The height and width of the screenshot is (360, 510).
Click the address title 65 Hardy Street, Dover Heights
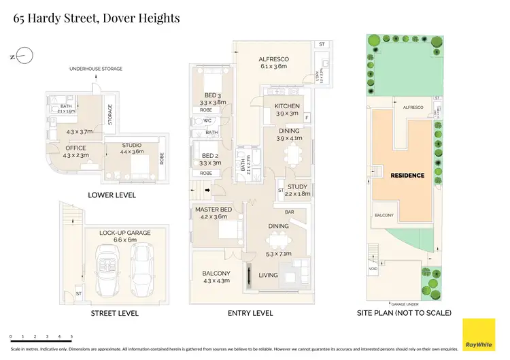pos(97,18)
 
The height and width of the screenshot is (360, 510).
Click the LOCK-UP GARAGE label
pos(124,233)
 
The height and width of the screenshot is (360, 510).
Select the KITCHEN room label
pos(287,106)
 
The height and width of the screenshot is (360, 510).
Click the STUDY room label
pos(297,186)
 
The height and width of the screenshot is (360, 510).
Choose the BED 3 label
pos(211,95)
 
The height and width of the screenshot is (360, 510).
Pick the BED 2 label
pos(211,155)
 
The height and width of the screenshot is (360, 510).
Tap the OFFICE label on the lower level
pos(75,148)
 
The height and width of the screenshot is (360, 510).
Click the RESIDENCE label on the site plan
pos(407,176)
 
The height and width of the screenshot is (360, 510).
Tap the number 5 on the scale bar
pos(71,336)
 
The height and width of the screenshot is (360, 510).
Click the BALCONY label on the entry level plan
pos(216,274)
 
